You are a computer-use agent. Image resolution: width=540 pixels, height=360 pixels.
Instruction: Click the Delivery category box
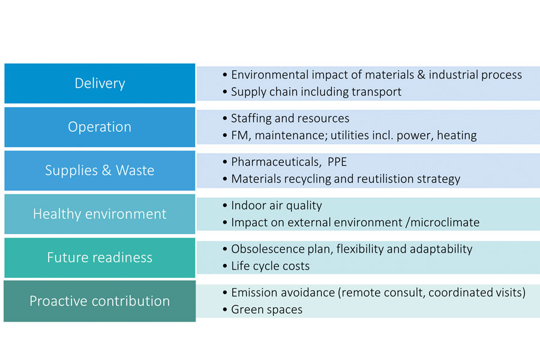pyautogui.click(x=100, y=83)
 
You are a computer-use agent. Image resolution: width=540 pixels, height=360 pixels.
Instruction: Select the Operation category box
pyautogui.click(x=100, y=127)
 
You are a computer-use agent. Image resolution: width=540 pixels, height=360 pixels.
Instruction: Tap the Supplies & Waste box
pyautogui.click(x=100, y=170)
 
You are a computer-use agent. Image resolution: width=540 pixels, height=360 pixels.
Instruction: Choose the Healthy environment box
pyautogui.click(x=100, y=214)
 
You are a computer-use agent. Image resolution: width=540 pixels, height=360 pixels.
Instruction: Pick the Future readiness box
pyautogui.click(x=100, y=257)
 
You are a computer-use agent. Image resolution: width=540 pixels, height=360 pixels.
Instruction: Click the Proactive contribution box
pyautogui.click(x=100, y=301)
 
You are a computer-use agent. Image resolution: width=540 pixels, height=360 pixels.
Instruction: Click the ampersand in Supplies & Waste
pyautogui.click(x=106, y=170)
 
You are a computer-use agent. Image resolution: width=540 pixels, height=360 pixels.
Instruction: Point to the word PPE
pyautogui.click(x=337, y=162)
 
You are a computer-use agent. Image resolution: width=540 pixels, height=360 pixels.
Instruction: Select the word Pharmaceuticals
pyautogui.click(x=276, y=162)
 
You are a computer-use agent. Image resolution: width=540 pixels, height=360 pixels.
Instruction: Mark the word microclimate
pyautogui.click(x=445, y=223)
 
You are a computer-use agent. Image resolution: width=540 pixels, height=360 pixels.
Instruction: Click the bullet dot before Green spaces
pyautogui.click(x=225, y=310)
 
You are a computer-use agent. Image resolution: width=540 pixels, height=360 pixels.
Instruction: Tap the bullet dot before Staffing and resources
pyautogui.click(x=225, y=119)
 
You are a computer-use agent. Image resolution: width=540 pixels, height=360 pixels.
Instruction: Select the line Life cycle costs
pyautogui.click(x=271, y=266)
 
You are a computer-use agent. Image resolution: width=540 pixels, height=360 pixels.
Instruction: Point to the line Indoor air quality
pyautogui.click(x=277, y=206)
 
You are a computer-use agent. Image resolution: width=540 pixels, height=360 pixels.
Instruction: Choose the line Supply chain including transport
pyautogui.click(x=316, y=92)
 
